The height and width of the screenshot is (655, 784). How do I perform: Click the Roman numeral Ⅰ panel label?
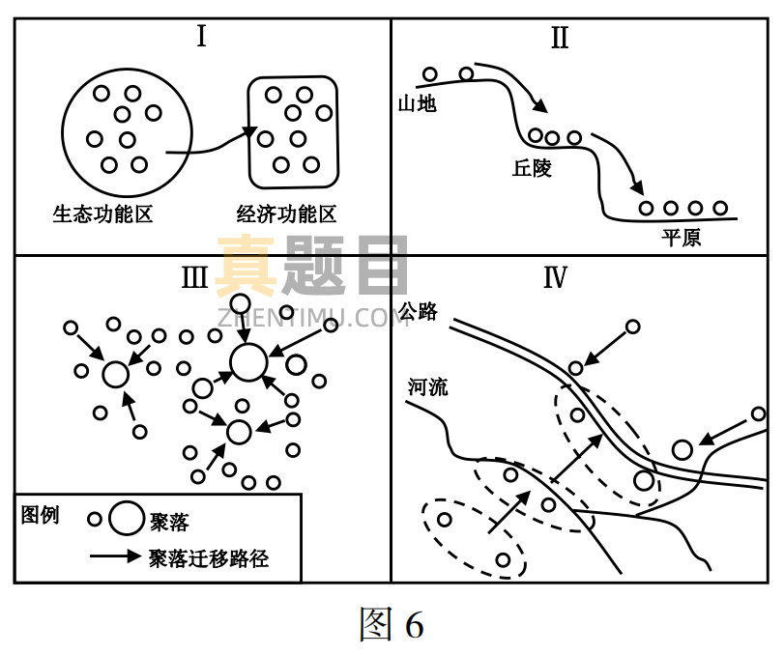click(201, 38)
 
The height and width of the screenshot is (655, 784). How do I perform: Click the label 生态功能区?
click(103, 213)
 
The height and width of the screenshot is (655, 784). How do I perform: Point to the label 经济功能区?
click(286, 213)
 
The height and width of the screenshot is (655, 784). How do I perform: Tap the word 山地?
click(418, 103)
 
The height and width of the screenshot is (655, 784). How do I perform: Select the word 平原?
click(682, 237)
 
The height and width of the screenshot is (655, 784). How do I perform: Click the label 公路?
click(418, 311)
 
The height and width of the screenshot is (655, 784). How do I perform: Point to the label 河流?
click(427, 387)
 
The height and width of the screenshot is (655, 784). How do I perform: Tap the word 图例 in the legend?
click(41, 514)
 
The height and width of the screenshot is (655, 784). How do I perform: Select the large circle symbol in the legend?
click(127, 519)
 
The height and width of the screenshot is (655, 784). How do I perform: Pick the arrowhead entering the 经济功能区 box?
click(251, 132)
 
